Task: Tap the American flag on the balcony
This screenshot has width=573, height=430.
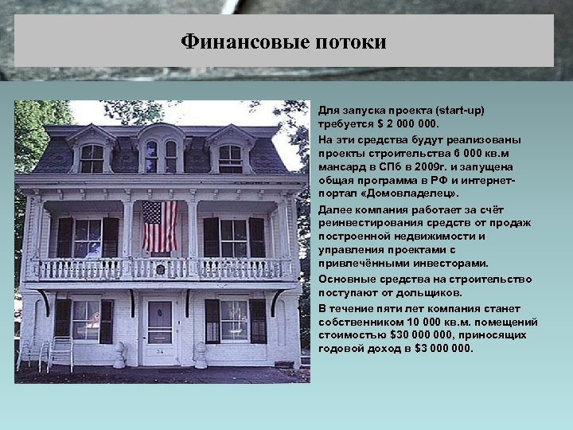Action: coord(159,226)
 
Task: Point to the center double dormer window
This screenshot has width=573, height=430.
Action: coord(161,155)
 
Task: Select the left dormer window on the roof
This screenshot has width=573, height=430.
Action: coord(92,158)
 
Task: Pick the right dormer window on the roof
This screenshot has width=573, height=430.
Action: coord(230,158)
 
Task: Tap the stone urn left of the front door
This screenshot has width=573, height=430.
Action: coord(119,355)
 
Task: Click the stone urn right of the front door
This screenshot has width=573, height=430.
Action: coord(201,355)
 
